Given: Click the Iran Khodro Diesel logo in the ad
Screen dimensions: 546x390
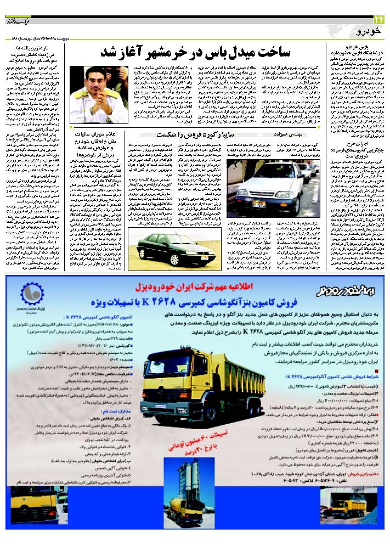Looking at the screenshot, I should coord(343,289).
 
